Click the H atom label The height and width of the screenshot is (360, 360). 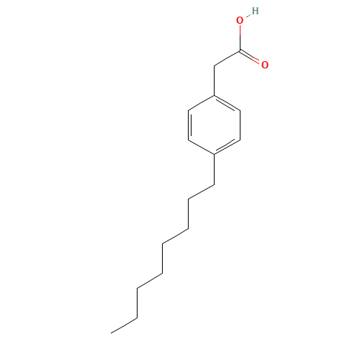pos(255,11)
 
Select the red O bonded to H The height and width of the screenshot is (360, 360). pos(240,20)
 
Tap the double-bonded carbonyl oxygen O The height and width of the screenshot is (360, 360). pos(265,65)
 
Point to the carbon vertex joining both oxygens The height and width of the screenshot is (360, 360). pos(240,50)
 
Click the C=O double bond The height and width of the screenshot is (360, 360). pos(250,57)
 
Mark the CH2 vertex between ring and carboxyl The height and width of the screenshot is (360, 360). pos(214,66)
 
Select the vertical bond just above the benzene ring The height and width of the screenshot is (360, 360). pos(214,81)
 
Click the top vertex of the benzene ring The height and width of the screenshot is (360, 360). pos(214,96)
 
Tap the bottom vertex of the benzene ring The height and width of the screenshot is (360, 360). pos(214,155)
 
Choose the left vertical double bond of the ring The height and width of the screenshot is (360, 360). pos(189,125)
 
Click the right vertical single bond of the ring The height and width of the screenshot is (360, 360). pos(240,125)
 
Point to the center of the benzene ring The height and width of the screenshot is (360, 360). pos(214,125)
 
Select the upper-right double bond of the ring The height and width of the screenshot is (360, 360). pos(227,104)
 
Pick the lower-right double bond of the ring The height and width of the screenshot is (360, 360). pos(227,146)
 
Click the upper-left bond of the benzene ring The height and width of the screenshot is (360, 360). pos(201,103)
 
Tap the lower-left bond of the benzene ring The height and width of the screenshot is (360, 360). pos(201,147)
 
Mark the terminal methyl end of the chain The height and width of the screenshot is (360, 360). pos(111,333)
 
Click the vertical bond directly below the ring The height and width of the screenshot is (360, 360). pos(214,169)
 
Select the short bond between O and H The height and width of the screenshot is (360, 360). pos(248,16)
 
